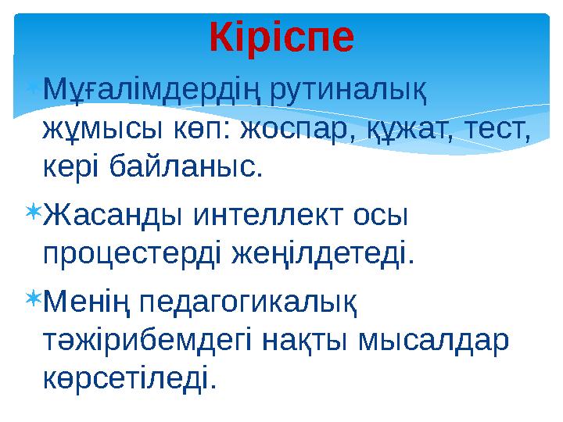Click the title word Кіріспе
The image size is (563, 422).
pos(281,37)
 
